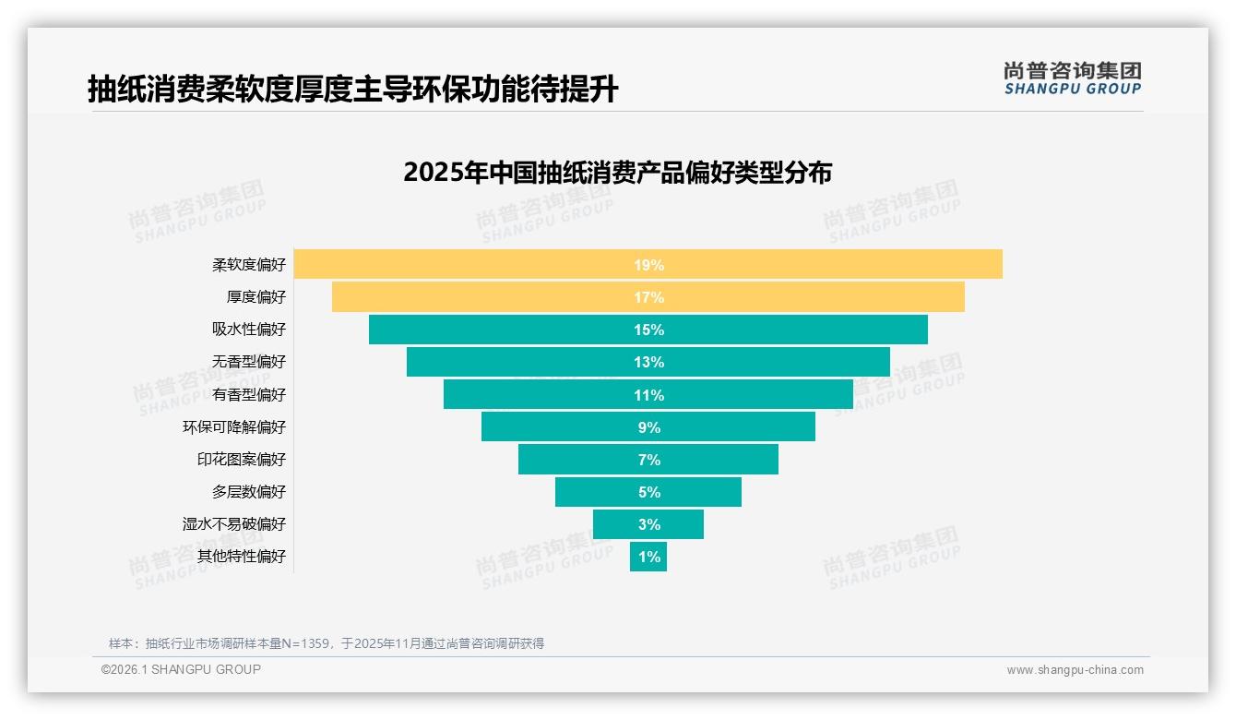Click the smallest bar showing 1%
click(x=648, y=557)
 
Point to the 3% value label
click(x=648, y=524)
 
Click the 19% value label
click(x=648, y=265)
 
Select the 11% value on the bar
click(x=648, y=395)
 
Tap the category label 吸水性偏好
click(x=249, y=330)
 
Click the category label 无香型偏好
click(x=249, y=362)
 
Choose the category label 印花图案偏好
click(x=242, y=459)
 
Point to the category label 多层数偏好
click(x=249, y=491)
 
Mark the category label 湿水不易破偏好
click(x=234, y=523)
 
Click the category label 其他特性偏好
click(x=242, y=556)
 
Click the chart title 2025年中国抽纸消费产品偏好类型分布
click(x=617, y=173)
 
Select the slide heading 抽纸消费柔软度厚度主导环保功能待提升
click(x=352, y=90)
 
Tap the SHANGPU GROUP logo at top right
click(x=1072, y=78)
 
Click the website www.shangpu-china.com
click(x=1075, y=670)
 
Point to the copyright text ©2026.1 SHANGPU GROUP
click(x=181, y=669)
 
